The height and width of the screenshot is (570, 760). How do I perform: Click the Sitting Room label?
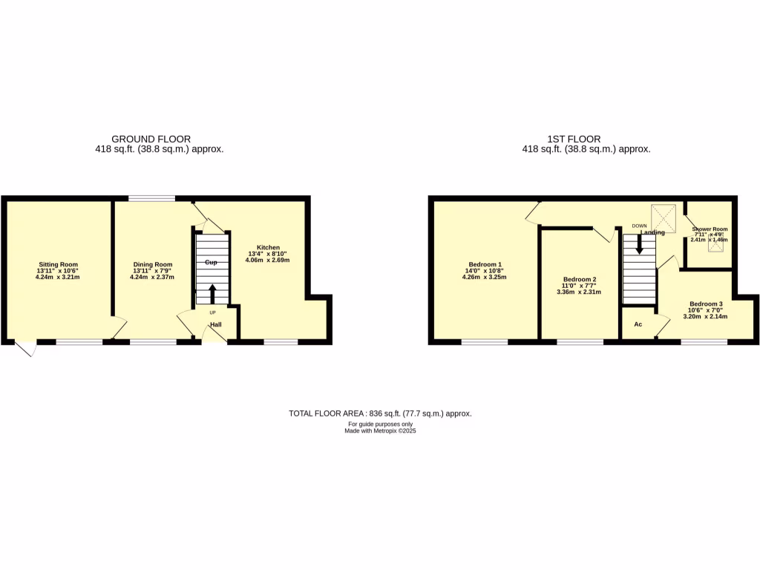coord(58,264)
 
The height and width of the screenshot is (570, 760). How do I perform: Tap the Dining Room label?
coord(153,264)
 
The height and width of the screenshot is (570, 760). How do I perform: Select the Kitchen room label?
coord(269,247)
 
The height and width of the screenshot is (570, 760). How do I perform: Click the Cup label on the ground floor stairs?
coord(212,263)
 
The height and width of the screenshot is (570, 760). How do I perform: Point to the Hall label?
coord(215,324)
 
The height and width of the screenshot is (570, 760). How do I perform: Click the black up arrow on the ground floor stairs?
coord(212,293)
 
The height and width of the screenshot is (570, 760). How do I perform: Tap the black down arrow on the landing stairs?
coord(639,245)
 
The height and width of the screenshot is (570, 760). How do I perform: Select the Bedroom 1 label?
coord(485,264)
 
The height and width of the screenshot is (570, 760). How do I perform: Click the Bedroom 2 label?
coord(579,280)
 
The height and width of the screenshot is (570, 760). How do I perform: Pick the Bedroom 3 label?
coord(706,304)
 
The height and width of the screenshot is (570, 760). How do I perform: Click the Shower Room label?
coord(710,229)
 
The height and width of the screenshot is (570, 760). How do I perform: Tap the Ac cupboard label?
coord(638,324)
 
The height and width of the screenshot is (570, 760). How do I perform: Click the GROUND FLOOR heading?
coord(151,139)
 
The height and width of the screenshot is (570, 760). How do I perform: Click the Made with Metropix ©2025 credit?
coord(380,430)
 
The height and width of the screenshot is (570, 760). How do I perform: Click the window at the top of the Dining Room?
coord(152,198)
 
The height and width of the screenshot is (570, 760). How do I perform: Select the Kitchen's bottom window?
coord(281,341)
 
